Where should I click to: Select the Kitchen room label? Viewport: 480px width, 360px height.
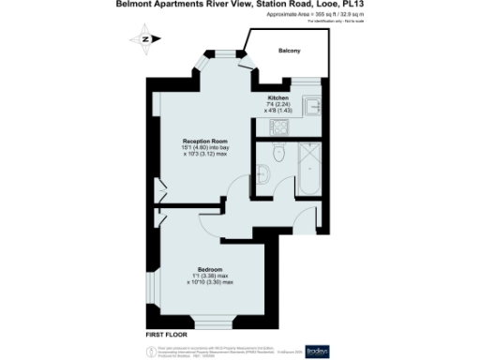[277, 97]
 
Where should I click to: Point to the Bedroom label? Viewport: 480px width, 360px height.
[210, 268]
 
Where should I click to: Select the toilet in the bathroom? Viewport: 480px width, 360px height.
[277, 152]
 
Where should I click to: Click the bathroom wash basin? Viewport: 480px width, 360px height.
[264, 173]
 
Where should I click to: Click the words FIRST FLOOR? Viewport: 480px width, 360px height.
[167, 334]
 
